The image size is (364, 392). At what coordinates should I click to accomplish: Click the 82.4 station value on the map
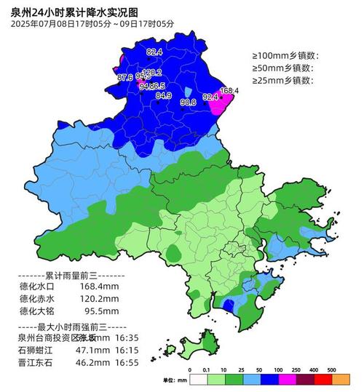(x=154, y=52)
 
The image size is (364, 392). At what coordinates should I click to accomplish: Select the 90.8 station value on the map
(x=188, y=103)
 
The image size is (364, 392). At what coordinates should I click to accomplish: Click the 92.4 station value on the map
(x=210, y=97)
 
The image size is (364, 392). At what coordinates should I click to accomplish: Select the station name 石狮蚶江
(x=37, y=350)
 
